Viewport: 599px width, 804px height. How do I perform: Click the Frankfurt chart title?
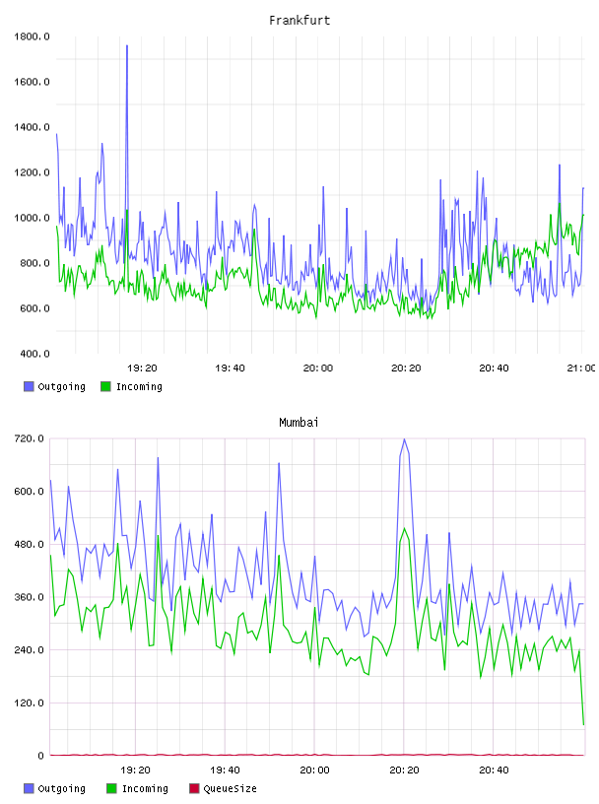coord(299,21)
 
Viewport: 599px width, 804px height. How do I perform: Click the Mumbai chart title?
coord(299,423)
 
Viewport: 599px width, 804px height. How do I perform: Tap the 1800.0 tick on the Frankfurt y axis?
coord(32,36)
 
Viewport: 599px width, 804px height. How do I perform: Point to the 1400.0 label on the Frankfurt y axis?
coord(32,127)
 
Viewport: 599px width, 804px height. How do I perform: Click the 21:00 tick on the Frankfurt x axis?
coord(581,368)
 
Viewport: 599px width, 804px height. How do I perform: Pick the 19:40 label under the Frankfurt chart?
coord(230,368)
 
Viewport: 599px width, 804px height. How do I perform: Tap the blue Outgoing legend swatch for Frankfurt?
coord(29,386)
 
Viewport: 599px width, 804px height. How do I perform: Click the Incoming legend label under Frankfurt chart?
coord(139,386)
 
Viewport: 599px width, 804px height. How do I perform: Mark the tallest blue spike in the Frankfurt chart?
coord(127,46)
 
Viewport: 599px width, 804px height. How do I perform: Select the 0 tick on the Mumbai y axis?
coord(40,756)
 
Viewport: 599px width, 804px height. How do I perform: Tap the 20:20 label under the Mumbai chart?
coord(404,770)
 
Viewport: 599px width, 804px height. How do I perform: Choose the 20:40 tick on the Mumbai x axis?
coord(494,770)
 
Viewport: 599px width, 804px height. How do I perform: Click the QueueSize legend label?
coord(230,788)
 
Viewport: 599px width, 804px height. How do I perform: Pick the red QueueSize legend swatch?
coord(194,788)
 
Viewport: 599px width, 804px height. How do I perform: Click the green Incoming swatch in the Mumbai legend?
coord(111,788)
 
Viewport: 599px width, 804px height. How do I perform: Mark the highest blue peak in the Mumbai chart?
coord(404,439)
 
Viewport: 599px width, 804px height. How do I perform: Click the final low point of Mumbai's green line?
coord(583,724)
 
